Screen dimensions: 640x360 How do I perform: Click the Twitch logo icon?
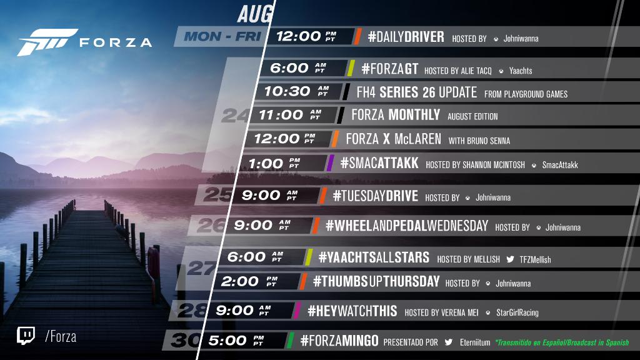tap(26, 336)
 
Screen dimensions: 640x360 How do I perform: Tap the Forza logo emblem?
tap(47, 42)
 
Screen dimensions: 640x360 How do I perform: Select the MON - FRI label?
tap(222, 36)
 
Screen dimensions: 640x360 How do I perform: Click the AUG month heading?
tap(255, 14)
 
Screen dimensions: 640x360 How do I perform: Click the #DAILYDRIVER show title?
tap(406, 37)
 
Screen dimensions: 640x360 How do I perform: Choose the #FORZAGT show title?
tap(390, 69)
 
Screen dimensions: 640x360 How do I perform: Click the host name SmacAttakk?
tap(560, 165)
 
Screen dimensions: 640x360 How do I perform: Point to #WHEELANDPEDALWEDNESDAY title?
tap(406, 226)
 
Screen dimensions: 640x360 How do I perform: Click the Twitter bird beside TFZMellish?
tap(510, 259)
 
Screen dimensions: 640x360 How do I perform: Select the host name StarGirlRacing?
tap(517, 312)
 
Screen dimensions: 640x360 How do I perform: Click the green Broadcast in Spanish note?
tap(562, 342)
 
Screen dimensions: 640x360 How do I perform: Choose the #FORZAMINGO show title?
tap(339, 341)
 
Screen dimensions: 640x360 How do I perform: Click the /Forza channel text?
tap(61, 337)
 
